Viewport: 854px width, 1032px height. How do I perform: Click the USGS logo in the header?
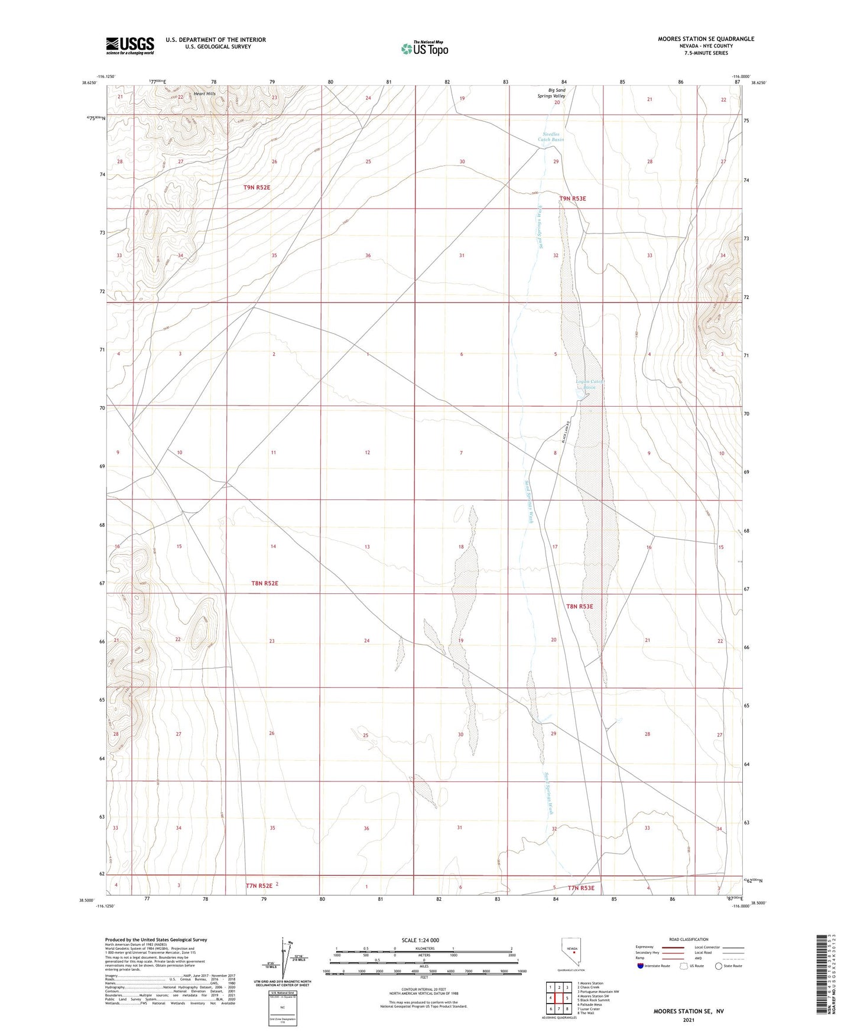tap(130, 46)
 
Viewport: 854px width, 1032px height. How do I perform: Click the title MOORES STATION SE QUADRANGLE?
tap(706, 39)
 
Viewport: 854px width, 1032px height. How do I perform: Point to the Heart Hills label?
tap(204, 94)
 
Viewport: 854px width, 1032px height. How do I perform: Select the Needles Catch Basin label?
tap(551, 137)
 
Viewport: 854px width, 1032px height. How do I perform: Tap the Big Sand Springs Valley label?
tap(556, 93)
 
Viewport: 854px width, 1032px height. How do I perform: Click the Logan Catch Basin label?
tap(589, 384)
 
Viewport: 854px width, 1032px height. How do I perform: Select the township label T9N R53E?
tap(572, 199)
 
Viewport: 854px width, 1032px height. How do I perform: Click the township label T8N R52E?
tap(264, 583)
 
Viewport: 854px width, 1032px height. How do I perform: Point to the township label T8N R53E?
tap(579, 606)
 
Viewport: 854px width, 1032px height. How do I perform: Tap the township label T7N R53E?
tap(581, 888)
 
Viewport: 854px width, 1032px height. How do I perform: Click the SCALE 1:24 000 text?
tap(420, 940)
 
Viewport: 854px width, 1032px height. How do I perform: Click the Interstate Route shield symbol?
tap(641, 966)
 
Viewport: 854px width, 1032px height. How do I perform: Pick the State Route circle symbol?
tap(719, 966)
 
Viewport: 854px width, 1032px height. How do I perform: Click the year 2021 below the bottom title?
tap(688, 1020)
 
